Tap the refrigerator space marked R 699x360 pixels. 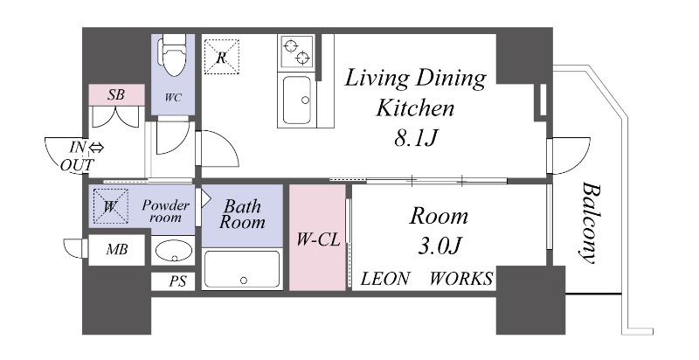(x=222, y=57)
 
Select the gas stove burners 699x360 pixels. (x=296, y=52)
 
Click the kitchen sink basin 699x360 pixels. (x=297, y=100)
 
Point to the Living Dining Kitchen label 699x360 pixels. (x=415, y=93)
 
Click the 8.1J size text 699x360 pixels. (x=415, y=139)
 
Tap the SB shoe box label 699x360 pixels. (x=116, y=94)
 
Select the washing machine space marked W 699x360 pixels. (x=111, y=206)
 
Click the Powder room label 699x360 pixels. (x=166, y=211)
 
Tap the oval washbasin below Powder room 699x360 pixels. (x=174, y=251)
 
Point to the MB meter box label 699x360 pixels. (x=117, y=250)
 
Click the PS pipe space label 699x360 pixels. (x=177, y=281)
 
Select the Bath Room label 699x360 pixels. (x=242, y=214)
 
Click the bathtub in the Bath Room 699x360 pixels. (x=242, y=269)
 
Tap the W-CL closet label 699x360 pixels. (x=319, y=240)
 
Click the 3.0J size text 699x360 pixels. (x=439, y=246)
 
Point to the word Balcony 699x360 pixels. (x=592, y=222)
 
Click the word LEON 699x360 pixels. (x=384, y=279)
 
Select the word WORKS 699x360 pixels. (x=461, y=279)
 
